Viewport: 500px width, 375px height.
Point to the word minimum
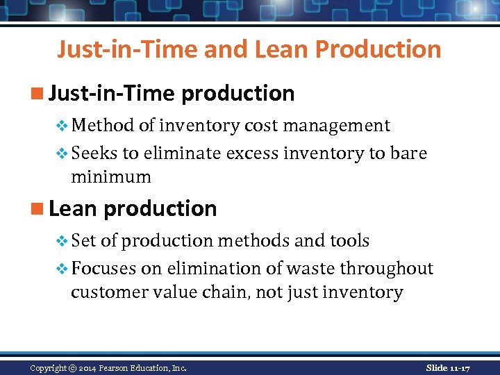click(110, 176)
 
